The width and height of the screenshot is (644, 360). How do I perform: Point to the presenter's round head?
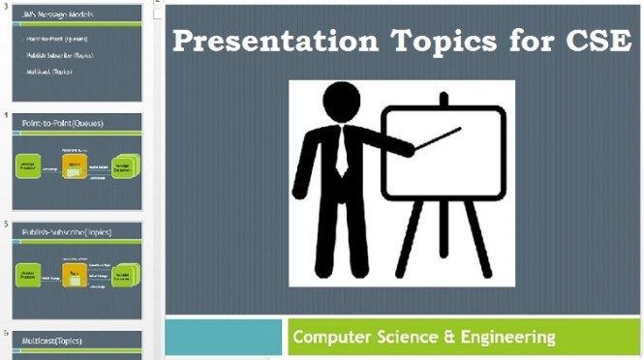(342, 104)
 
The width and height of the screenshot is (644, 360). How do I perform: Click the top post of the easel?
(444, 99)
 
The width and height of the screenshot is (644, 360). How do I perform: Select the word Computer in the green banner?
(334, 338)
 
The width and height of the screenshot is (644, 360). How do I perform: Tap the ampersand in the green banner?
(433, 338)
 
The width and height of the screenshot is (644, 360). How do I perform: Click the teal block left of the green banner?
(224, 337)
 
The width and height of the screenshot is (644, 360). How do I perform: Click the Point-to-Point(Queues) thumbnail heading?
(63, 123)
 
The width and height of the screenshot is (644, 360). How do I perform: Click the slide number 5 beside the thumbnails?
(6, 225)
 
